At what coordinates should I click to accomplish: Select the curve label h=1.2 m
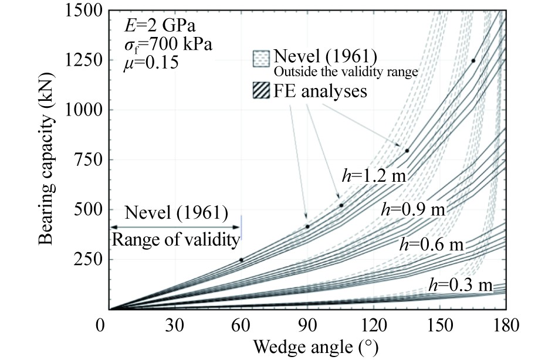tap(374, 174)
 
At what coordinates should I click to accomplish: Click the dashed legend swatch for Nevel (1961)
tap(259, 59)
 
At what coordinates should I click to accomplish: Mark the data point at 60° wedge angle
tap(241, 260)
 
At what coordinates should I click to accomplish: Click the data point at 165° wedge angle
tap(473, 61)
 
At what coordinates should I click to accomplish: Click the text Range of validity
tap(176, 239)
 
